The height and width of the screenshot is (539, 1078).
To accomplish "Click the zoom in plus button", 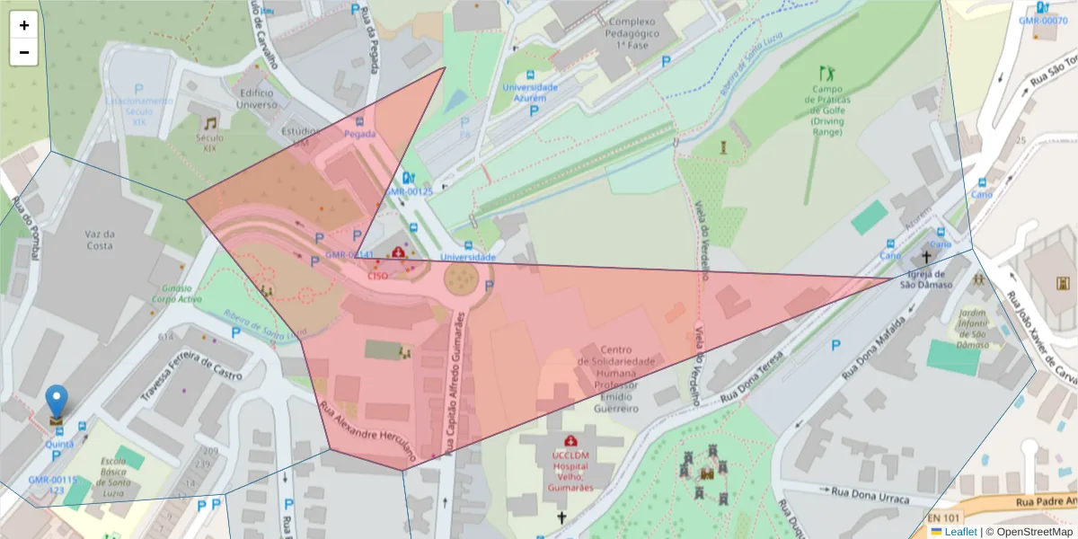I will click(24, 25).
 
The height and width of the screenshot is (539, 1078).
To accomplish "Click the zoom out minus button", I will click(24, 52).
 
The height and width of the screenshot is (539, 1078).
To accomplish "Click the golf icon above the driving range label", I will click(826, 73).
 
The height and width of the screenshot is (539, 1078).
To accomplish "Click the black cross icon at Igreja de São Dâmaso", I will click(926, 257).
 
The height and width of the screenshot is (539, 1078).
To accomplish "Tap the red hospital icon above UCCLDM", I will click(570, 441).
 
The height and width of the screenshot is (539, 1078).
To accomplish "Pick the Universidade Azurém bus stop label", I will click(530, 93).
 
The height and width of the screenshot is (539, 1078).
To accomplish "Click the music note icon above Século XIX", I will click(209, 123).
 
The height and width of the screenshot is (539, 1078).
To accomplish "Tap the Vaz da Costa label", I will click(100, 239).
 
